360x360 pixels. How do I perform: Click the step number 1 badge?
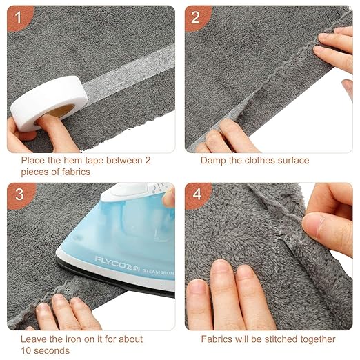point(19,18)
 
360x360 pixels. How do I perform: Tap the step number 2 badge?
point(197,18)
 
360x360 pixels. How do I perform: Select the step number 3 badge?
point(19,195)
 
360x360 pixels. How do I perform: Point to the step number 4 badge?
point(197,195)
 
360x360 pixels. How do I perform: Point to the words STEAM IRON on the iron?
point(158,272)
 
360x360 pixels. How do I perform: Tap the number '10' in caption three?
point(26,351)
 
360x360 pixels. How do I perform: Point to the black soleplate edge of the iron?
point(115,278)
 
